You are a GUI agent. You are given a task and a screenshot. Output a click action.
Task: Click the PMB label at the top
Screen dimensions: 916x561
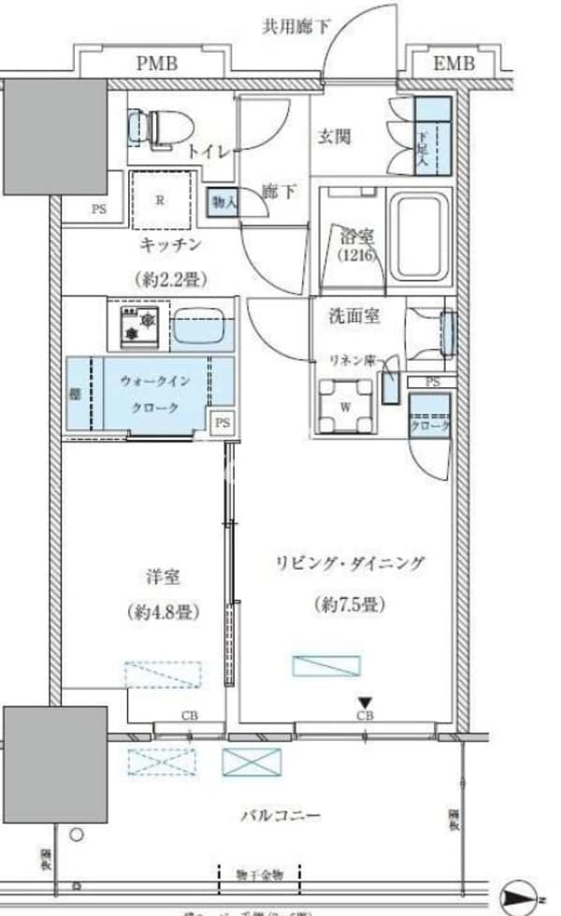click(x=157, y=64)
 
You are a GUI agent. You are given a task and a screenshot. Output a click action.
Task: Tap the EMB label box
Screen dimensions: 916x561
click(x=453, y=64)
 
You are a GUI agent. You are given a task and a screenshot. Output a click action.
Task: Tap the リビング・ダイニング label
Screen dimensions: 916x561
click(x=349, y=563)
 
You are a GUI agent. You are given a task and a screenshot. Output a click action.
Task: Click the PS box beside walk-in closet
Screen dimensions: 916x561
click(x=222, y=423)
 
